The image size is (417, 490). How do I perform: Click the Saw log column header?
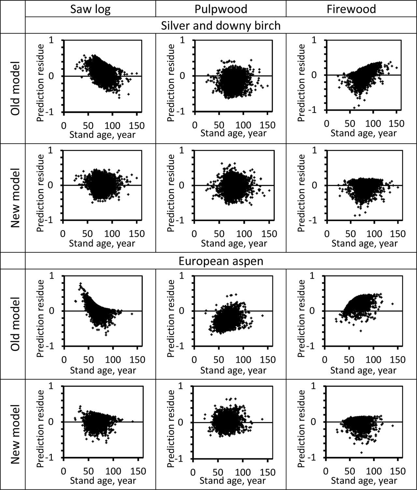pos(90,9)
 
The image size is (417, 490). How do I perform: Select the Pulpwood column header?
pos(221,9)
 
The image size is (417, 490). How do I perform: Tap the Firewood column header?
pos(351,9)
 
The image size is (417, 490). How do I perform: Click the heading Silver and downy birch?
pos(221,25)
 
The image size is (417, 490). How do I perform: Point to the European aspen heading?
pos(221,261)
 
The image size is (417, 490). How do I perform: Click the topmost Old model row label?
pos(15,88)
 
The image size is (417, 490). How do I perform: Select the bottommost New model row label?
pos(15,434)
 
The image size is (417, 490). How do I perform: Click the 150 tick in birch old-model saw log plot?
pos(137,125)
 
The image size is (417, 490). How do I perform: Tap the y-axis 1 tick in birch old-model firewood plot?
pos(314,40)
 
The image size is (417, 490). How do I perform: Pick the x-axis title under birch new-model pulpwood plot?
pos(234,243)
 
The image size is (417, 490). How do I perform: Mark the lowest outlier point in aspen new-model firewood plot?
pos(362,453)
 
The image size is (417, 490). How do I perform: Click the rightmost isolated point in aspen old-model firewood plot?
pos(393,304)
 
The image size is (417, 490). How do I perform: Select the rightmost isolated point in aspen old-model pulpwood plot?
pos(262,315)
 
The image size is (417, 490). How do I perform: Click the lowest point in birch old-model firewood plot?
pos(354,107)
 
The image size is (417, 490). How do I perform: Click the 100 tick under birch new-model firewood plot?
pos(374,234)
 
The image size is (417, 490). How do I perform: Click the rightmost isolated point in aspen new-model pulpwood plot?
pos(262,419)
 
